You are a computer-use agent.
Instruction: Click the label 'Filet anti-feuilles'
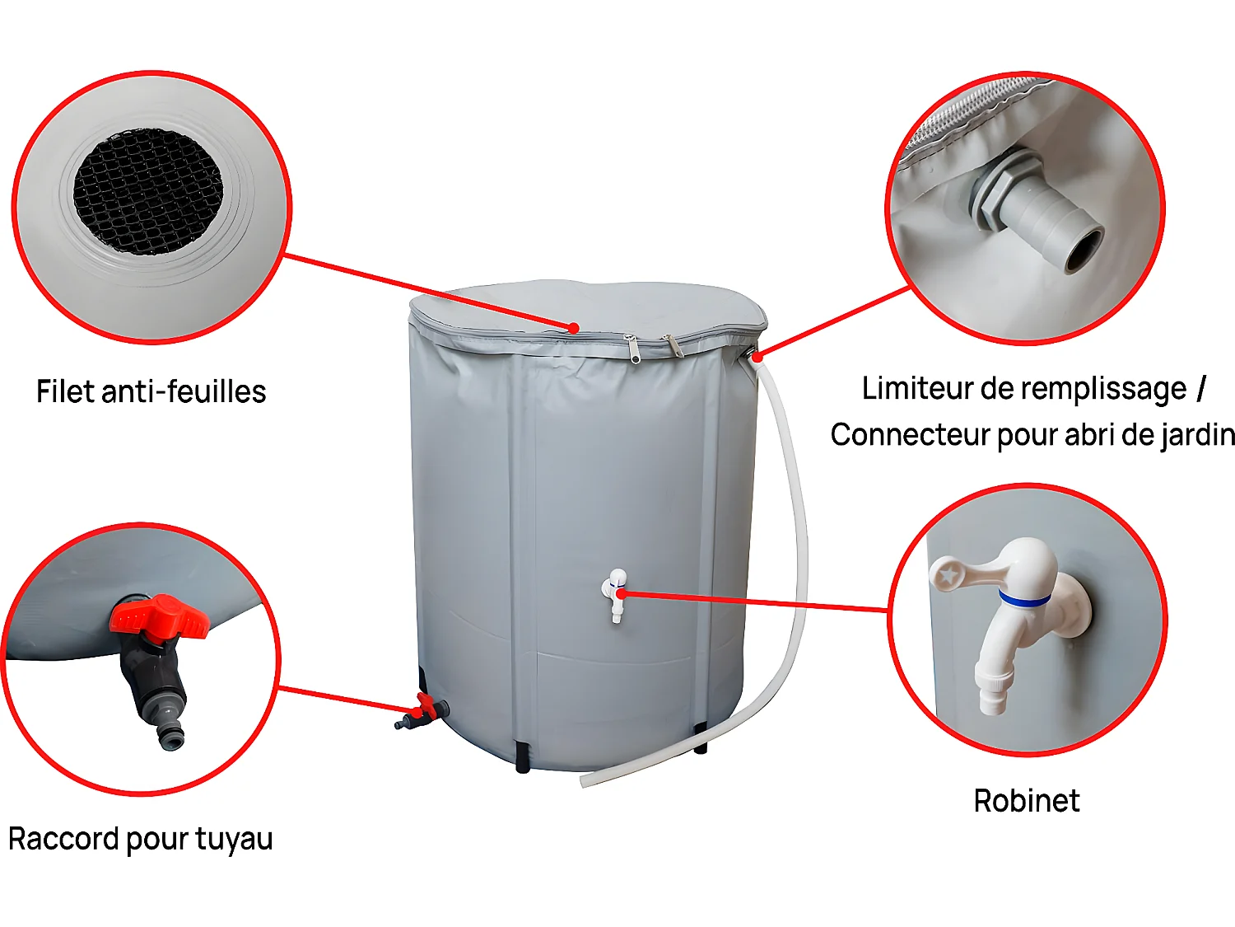click(151, 391)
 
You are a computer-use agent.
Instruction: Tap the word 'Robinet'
click(1026, 801)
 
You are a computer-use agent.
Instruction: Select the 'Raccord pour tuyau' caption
click(140, 839)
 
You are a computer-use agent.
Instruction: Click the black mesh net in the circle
click(148, 190)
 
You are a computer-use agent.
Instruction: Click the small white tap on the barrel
click(615, 593)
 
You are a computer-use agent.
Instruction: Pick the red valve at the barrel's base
click(425, 708)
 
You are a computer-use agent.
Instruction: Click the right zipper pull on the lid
click(673, 346)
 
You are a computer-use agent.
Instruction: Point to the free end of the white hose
click(586, 780)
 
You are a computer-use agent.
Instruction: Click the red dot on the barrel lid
click(573, 328)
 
